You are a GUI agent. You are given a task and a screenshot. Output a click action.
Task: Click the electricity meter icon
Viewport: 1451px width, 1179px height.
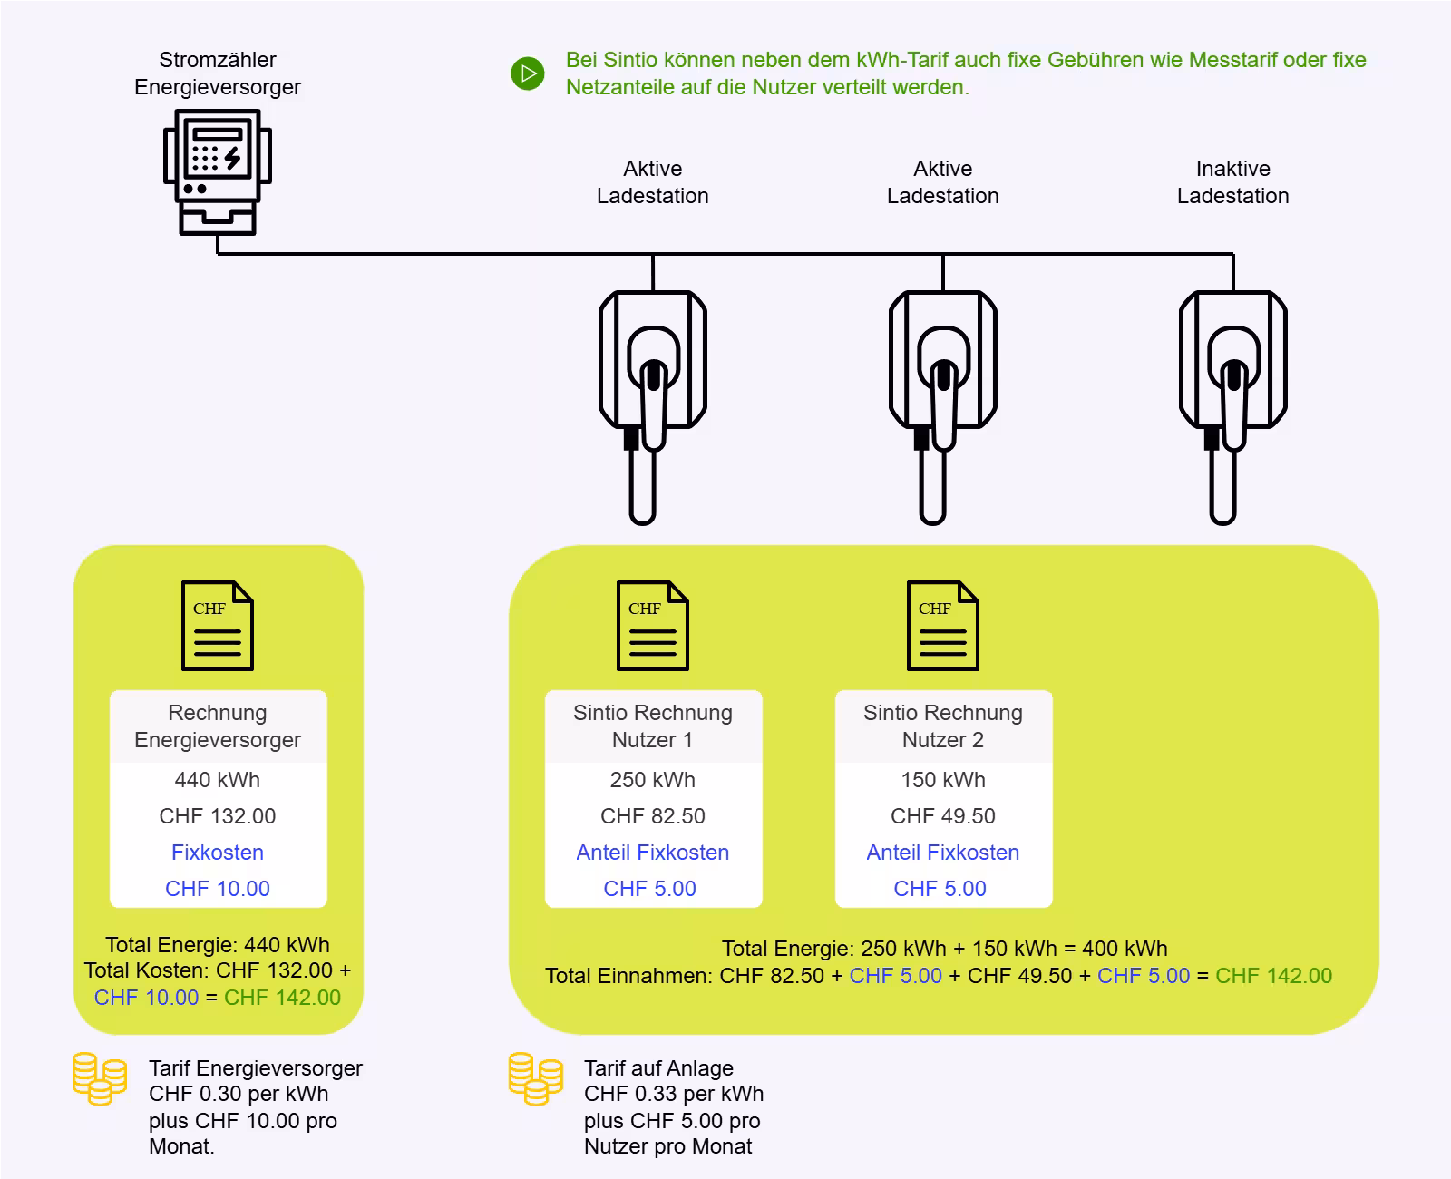coord(218,172)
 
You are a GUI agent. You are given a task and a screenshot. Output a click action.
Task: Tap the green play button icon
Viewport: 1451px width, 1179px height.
coord(528,73)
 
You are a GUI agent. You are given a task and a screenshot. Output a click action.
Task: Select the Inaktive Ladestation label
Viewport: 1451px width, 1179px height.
coord(1232,182)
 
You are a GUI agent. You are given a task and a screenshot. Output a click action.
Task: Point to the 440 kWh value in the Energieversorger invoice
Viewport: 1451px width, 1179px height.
coord(218,780)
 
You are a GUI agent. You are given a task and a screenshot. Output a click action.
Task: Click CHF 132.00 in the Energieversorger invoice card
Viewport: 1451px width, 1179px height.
coord(218,816)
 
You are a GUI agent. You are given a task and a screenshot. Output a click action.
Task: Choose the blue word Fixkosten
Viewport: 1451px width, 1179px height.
coord(218,853)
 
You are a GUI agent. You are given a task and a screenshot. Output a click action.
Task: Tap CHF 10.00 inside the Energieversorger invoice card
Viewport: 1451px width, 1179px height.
coord(218,889)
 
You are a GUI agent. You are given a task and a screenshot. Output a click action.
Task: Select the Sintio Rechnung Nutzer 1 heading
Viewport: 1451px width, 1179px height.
coord(653,726)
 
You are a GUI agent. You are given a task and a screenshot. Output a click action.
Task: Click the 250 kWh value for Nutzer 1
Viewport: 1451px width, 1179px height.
coord(653,780)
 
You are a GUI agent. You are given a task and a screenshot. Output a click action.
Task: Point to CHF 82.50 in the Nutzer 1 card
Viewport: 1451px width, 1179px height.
coord(653,816)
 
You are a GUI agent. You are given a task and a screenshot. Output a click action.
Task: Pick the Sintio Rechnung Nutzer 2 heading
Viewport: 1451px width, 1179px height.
coord(943,726)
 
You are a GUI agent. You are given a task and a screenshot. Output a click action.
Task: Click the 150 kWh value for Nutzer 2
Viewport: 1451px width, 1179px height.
coord(943,780)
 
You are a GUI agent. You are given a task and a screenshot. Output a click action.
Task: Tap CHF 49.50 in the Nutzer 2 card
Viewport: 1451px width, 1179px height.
coord(943,816)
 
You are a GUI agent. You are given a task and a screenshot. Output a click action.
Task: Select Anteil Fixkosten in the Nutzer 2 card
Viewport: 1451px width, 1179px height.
coord(943,853)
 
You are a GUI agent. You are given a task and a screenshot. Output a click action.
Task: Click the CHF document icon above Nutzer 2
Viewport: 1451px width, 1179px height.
coord(943,626)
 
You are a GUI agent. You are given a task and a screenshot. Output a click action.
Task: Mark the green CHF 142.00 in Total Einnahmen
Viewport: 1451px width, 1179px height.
coord(1273,976)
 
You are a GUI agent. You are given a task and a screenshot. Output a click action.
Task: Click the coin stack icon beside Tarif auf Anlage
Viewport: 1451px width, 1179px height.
coord(535,1078)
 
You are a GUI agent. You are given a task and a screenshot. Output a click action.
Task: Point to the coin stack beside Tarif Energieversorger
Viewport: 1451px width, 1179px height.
coord(100,1078)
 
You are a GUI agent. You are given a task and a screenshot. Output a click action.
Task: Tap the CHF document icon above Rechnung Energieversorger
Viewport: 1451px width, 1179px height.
coord(218,626)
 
